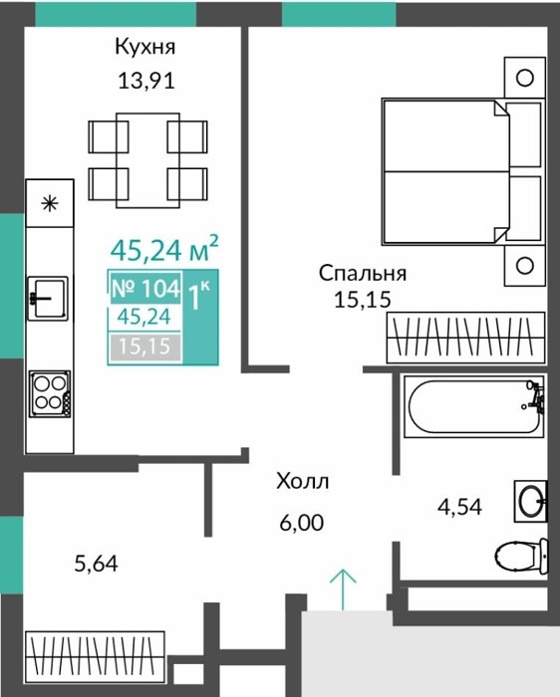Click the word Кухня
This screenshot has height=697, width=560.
click(145, 47)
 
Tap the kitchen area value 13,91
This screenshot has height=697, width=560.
click(146, 81)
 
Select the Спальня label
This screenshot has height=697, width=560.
click(363, 273)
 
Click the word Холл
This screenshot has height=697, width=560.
click(303, 481)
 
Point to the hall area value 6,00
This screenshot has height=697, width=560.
click(302, 523)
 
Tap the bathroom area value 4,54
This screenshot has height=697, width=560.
click(459, 507)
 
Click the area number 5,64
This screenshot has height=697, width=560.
click(96, 565)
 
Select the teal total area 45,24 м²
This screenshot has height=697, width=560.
click(164, 249)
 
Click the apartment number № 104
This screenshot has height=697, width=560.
click(145, 288)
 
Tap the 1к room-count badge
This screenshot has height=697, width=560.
click(199, 296)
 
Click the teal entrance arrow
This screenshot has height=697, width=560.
click(343, 589)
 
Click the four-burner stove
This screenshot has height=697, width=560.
click(50, 394)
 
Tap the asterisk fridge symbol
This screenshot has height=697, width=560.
click(50, 204)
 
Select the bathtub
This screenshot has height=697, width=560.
click(473, 406)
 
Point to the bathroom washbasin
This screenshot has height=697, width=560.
click(531, 501)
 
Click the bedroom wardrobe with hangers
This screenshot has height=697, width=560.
click(465, 338)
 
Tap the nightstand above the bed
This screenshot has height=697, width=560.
click(525, 78)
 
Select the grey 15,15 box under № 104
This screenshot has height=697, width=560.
click(145, 347)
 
